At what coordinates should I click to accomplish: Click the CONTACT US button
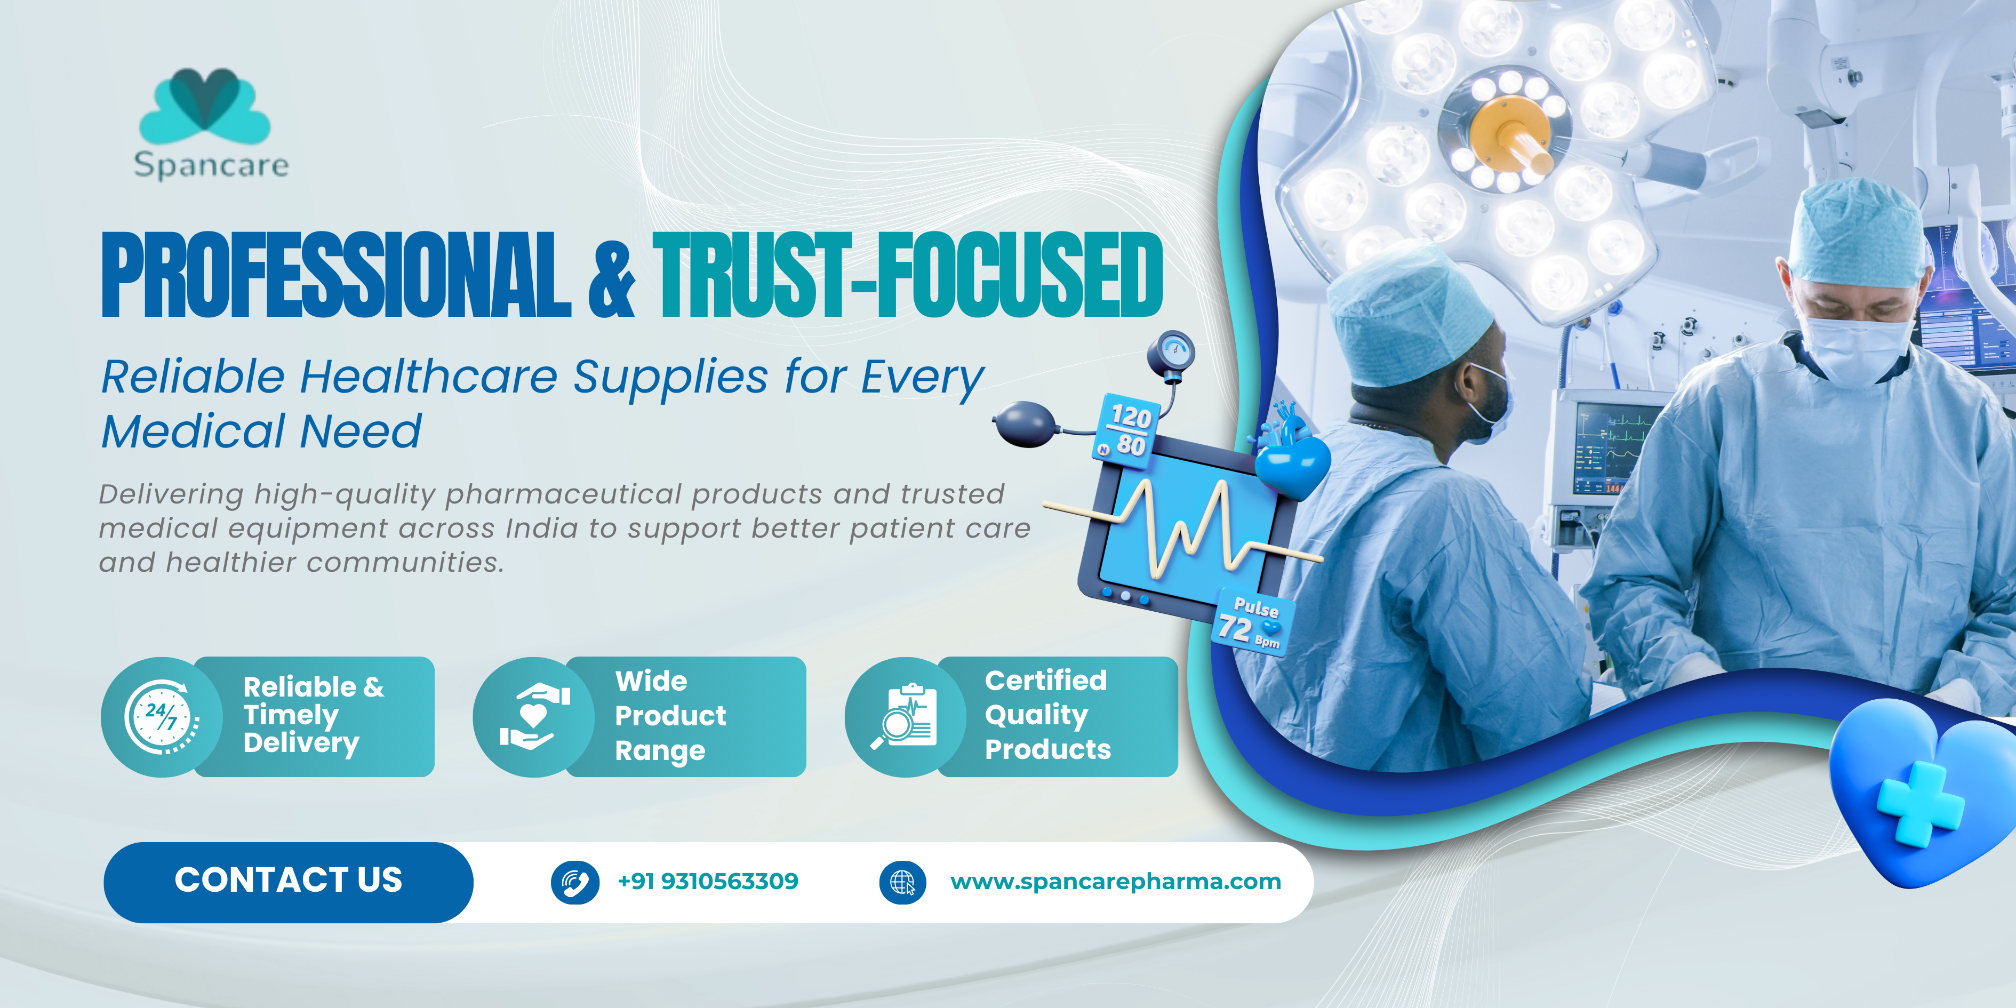pos(288,881)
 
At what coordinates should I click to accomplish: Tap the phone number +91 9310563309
pos(708,881)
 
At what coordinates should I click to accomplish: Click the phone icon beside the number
pos(575,883)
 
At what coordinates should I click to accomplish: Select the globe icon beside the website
pos(902,883)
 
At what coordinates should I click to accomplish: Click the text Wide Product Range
pos(671,716)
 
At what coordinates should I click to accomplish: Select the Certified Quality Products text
pos(1047,715)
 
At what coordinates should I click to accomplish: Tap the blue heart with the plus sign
pos(1921,794)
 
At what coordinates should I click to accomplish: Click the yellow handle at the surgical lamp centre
pos(1514,137)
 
